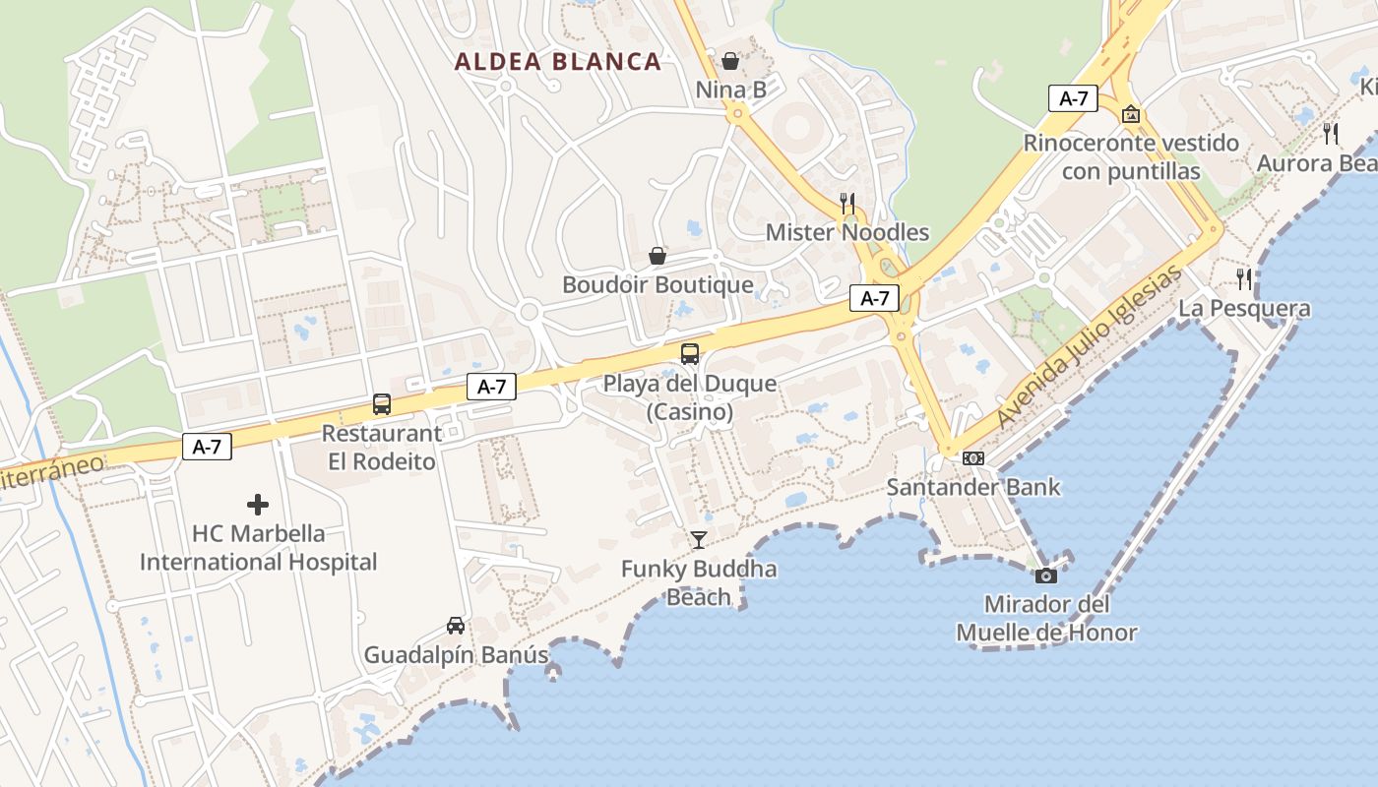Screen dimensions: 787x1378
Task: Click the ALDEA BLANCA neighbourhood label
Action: (x=557, y=61)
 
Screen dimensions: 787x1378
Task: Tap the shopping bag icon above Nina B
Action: (x=730, y=62)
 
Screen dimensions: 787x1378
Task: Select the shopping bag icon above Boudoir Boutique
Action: (x=658, y=257)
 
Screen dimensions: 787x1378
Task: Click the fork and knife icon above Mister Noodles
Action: (x=846, y=204)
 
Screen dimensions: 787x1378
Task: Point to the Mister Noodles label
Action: (x=847, y=232)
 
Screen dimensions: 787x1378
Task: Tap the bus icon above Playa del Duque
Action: (x=690, y=354)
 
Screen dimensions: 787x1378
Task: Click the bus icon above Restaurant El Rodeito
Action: (x=382, y=404)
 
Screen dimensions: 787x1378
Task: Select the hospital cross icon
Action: (x=258, y=505)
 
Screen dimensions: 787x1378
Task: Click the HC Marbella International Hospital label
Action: (x=258, y=548)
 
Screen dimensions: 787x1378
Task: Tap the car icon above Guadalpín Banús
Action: (x=456, y=626)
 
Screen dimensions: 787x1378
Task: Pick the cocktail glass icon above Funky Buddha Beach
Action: (x=699, y=539)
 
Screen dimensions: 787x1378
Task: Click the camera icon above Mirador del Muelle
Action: (x=1046, y=575)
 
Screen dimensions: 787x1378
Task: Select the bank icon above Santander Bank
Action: (x=973, y=458)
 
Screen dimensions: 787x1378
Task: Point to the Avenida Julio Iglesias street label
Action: (x=1089, y=348)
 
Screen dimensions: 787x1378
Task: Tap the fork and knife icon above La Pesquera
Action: (x=1245, y=279)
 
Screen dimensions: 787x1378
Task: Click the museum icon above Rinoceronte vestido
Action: (x=1132, y=114)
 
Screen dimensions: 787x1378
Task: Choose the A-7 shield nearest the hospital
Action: (x=207, y=447)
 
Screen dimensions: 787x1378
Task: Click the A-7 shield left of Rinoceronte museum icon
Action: (x=1073, y=98)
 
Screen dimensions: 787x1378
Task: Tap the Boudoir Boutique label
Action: (x=658, y=285)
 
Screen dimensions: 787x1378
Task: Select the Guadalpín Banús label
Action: (x=456, y=654)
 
